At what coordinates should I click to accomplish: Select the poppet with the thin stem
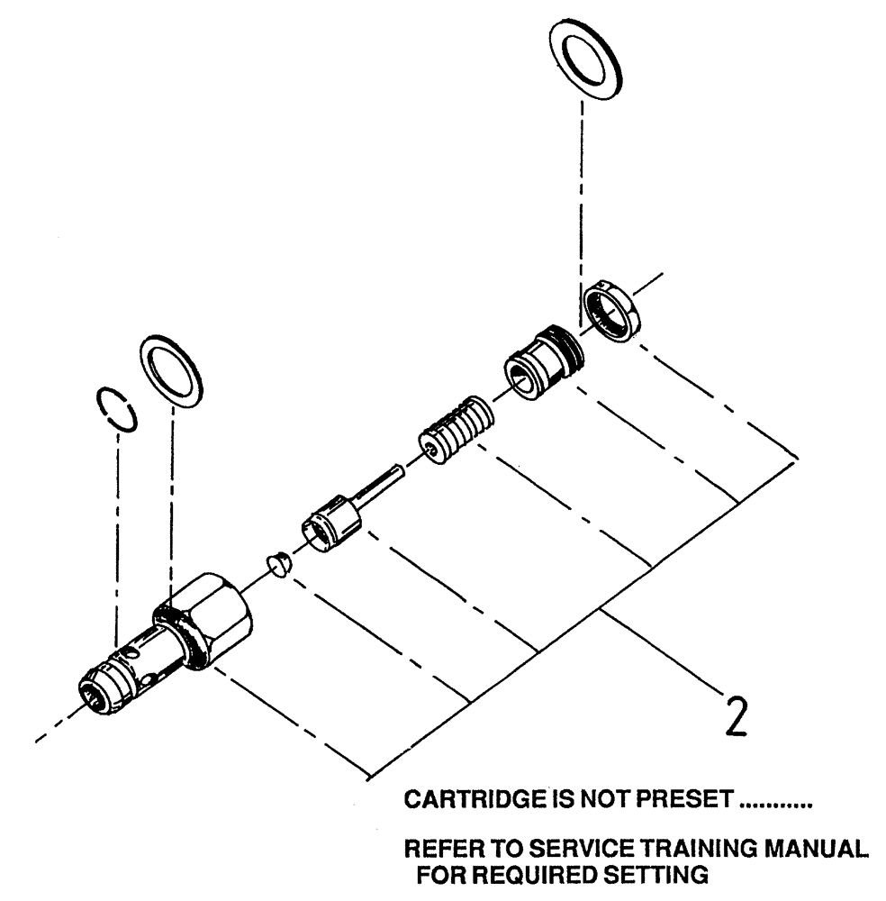pos(333,523)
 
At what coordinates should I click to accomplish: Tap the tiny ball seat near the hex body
pos(278,566)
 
